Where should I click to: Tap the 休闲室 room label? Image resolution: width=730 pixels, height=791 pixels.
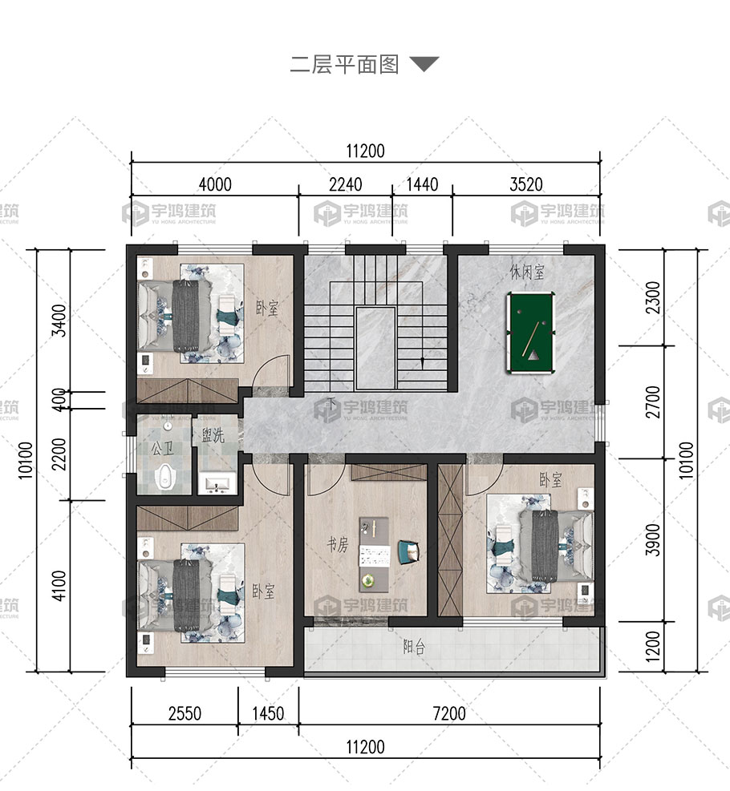point(527,272)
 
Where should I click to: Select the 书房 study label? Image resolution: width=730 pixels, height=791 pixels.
point(338,544)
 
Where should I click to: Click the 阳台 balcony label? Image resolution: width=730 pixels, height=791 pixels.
point(414,647)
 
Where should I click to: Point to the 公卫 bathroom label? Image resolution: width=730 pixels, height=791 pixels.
point(163,447)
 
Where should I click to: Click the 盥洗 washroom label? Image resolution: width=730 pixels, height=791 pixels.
point(213,435)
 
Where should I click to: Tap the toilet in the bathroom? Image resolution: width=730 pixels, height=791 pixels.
point(164,476)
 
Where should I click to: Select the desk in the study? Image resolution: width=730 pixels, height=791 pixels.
point(374,554)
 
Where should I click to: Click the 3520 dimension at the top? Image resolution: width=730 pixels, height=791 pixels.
point(526,184)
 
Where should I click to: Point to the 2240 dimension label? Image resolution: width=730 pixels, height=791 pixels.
point(345,184)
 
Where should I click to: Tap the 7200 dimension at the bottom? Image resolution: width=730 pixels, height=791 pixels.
point(449,714)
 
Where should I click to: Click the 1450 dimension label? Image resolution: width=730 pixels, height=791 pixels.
point(268,714)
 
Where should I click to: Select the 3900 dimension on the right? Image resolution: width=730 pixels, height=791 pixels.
point(653,540)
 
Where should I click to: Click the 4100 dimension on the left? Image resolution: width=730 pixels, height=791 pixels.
point(59,586)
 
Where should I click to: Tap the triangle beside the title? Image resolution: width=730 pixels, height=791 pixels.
point(424,63)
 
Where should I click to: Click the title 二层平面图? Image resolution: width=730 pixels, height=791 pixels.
point(345,65)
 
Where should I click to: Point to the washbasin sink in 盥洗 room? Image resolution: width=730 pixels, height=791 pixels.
point(217,484)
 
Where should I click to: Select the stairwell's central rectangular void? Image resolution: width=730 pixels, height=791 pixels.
point(375,348)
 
